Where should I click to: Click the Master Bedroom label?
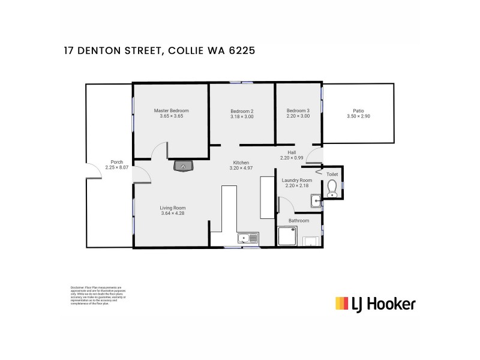coord(171,110)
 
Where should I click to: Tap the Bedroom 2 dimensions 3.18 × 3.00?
coord(242,117)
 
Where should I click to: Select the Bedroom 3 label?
coord(298,110)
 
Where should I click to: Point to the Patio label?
coord(358,110)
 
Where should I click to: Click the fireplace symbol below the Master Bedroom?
coord(182,166)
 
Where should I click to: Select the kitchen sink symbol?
coord(247,239)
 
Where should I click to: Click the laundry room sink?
coord(316,201)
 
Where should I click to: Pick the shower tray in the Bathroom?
coord(287,236)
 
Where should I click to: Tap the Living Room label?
coord(173,208)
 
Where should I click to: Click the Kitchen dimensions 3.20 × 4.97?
coord(241,169)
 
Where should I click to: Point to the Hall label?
coord(292,152)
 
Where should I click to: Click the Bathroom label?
coord(299,220)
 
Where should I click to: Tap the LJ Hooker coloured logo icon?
coord(341,303)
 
